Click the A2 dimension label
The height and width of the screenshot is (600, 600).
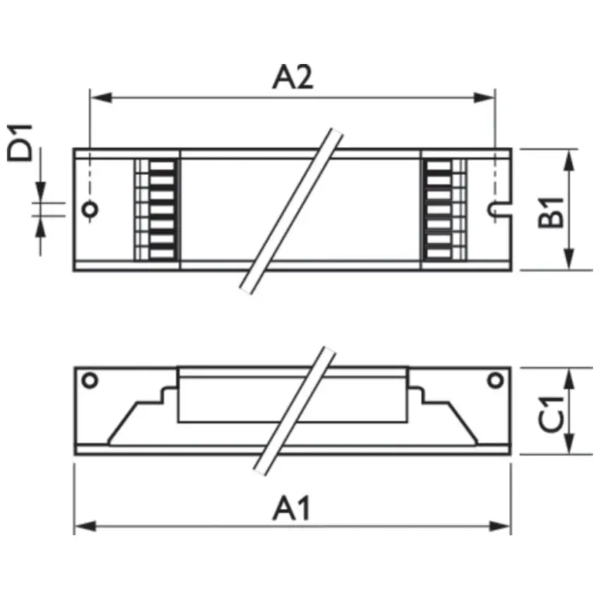coord(292,77)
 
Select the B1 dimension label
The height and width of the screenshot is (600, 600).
coord(554,210)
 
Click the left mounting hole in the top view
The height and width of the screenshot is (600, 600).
coord(90,210)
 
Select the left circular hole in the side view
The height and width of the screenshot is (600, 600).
coord(90,380)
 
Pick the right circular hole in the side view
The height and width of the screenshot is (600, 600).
coord(496,380)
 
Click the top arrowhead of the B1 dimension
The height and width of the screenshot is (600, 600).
coord(570,158)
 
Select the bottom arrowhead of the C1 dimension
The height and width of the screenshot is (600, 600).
coord(570,446)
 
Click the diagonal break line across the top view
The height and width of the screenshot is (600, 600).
coord(291,210)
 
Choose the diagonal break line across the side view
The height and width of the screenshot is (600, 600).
coord(291,412)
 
